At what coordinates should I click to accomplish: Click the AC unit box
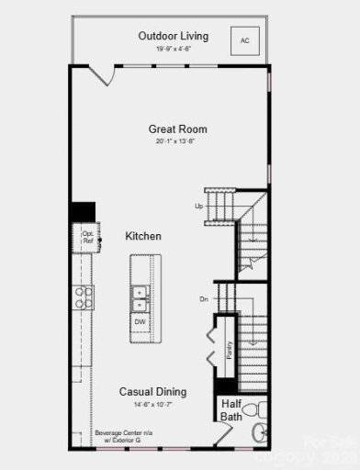[x=245, y=40]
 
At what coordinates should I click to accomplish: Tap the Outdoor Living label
[x=174, y=36]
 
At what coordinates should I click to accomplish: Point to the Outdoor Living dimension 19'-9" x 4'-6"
[x=174, y=49]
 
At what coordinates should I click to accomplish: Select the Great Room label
[x=174, y=129]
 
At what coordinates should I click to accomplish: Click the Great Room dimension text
[x=174, y=141]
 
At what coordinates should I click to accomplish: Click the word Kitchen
[x=143, y=236]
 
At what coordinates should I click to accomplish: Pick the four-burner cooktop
[x=84, y=296]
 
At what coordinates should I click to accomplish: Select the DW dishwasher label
[x=141, y=322]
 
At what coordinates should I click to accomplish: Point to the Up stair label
[x=198, y=206]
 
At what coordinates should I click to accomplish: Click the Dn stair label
[x=203, y=299]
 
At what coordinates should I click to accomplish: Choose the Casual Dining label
[x=152, y=391]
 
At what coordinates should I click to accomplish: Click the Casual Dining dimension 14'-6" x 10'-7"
[x=152, y=403]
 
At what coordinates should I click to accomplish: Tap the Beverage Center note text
[x=120, y=436]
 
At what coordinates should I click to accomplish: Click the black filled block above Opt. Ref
[x=84, y=211]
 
